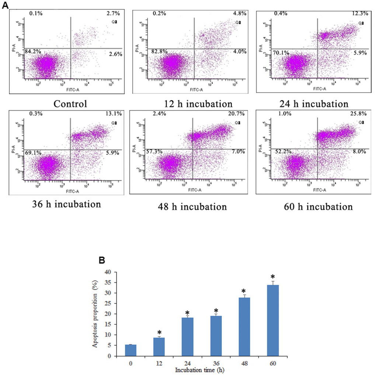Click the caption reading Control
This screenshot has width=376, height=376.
coord(70,104)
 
